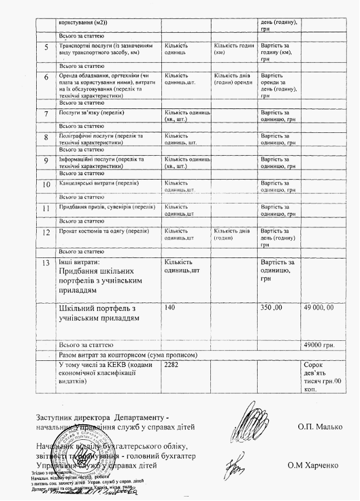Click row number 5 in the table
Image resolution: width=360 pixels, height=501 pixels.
(46, 47)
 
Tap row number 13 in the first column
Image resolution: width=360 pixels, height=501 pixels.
(46, 261)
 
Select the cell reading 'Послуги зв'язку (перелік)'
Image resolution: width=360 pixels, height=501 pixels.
(92, 113)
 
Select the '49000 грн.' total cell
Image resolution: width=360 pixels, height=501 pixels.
(319, 345)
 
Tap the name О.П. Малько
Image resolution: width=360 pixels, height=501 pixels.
(320, 427)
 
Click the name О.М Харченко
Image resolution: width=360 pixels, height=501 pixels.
(314, 464)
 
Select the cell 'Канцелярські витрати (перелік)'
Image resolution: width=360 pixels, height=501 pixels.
(98, 183)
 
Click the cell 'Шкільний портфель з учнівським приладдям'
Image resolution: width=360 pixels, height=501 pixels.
(98, 313)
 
